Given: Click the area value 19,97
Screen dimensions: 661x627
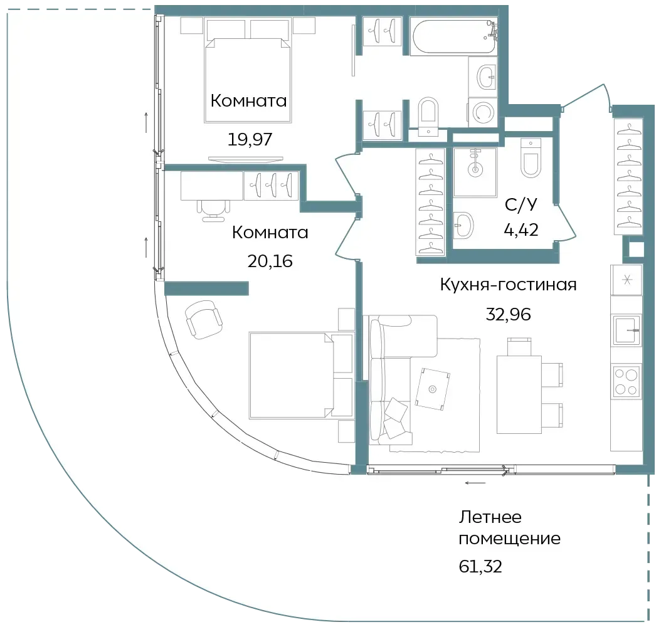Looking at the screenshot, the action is point(250,139).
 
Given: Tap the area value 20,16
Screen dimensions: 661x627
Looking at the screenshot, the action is point(270,261).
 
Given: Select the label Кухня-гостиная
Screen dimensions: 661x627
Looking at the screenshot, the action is point(509,285).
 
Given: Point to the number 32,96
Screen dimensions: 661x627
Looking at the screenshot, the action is point(509,314).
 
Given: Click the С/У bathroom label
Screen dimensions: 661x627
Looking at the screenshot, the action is point(521,205).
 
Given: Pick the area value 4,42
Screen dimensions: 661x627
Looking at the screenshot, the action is point(521,230).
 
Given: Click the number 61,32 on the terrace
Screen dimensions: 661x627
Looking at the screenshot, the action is point(480,566).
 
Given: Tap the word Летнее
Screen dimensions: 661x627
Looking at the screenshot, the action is point(490,517).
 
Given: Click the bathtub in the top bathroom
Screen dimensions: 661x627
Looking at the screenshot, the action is point(455,37).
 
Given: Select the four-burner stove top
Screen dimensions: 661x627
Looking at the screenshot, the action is point(626,381).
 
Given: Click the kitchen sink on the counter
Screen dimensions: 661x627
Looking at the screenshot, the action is point(627,330).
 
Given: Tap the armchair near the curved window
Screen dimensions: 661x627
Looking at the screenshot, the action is point(204,319).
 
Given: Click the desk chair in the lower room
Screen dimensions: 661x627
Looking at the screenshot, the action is point(214,209).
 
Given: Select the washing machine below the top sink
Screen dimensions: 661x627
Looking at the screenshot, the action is point(483,112).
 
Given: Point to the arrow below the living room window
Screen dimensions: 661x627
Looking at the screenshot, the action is point(475,483).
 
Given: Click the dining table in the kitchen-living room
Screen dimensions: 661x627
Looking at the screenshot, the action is point(519,394).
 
